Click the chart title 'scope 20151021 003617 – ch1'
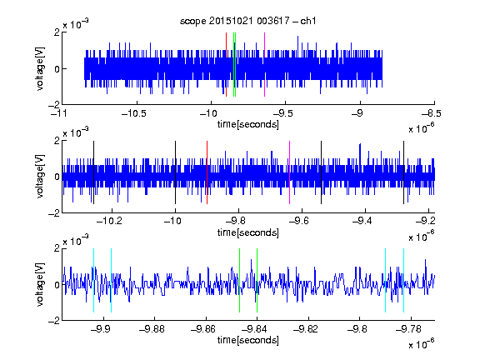pos(248,21)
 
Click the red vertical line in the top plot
pos(226,65)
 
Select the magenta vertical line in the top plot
pos(264,65)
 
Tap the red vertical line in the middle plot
pos(207,172)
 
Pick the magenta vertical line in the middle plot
pos(290,172)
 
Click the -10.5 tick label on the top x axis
pos(134,113)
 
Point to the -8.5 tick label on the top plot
pos(431,113)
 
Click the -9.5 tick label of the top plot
pos(282,113)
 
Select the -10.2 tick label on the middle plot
pos(109,221)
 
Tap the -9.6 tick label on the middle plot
pos(299,221)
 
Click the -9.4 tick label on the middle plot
pos(362,221)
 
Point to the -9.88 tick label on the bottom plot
pos(152,329)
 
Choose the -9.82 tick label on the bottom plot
pos(307,329)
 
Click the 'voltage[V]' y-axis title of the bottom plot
pos(40,284)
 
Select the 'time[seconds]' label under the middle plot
pos(248,232)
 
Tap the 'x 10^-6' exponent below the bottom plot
pos(422,343)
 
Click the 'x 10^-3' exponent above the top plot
pos(76,23)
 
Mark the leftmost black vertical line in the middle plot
pos(93,172)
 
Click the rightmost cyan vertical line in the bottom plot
pos(404,280)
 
